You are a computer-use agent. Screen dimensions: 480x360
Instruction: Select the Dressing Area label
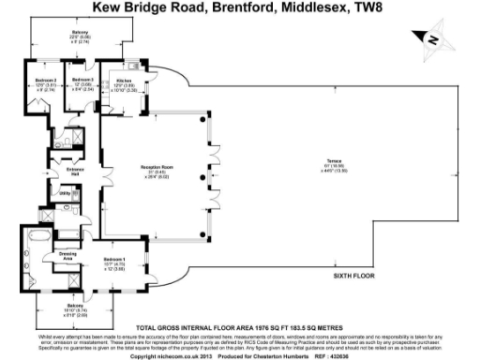pos(67,256)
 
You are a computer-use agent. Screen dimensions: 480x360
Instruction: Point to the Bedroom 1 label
pos(114,260)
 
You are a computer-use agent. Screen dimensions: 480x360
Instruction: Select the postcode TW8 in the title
pos(349,8)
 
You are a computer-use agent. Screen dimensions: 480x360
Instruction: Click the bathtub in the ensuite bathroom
pos(32,247)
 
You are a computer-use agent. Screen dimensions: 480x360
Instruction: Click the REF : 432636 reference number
pos(327,355)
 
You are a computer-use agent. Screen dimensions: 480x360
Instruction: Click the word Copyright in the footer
pos(145,355)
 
